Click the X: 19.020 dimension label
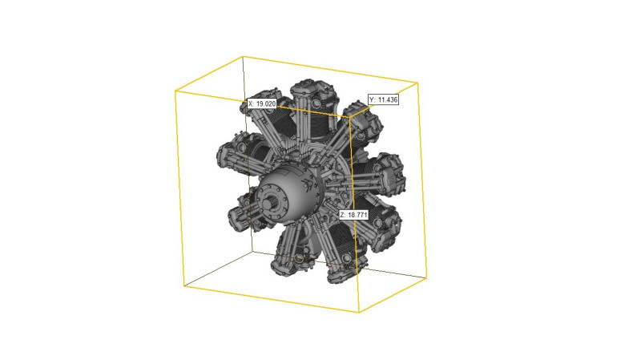262,104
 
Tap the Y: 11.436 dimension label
383,99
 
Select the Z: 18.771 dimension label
353,215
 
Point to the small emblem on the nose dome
308,184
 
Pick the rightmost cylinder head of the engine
392,174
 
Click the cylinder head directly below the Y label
363,123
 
